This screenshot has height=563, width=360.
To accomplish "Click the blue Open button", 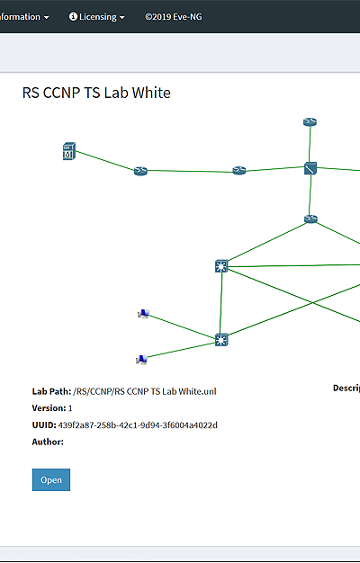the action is pos(51,479).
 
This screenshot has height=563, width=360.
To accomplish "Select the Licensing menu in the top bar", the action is pos(97,17).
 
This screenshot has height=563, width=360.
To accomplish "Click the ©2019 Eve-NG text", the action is pos(174,17).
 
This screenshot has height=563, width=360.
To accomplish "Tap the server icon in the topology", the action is pos(69,151).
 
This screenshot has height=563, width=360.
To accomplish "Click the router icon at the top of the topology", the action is pos(310,122).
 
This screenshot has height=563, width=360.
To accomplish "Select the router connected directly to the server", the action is pos(140,171).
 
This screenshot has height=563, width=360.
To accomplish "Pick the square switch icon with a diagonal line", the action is pos(310,168).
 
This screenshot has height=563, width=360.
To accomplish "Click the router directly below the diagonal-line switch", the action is pos(310,219).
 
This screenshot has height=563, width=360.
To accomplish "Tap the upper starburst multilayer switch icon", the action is pos(221,266).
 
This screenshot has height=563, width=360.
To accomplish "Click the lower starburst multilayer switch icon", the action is pos(221,340).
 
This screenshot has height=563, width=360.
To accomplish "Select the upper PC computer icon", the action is pos(144,314).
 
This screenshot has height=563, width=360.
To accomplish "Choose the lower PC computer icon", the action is pos(142,360).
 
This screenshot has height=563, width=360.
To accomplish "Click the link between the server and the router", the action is pos(105,161).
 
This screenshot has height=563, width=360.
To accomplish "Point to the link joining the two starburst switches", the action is pos(220,303).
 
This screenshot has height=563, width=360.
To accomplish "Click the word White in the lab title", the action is pos(151,93).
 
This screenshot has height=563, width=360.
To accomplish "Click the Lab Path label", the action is pos(51,391).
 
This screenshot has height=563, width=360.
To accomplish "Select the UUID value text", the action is pos(138,425).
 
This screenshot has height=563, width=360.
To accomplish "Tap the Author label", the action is pos(48,442).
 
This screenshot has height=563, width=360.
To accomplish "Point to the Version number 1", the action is pos(70,408).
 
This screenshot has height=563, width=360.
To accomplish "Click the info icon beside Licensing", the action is pos(73,16).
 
